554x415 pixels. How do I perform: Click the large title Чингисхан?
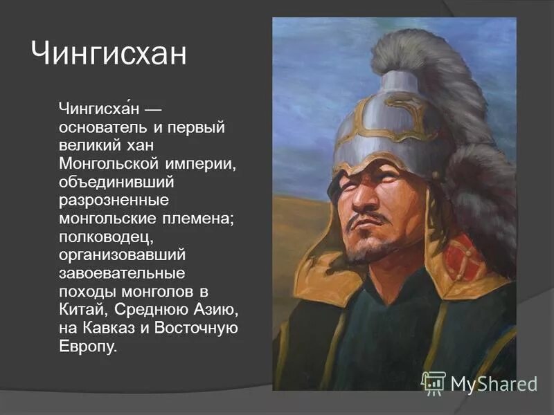point(109,55)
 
